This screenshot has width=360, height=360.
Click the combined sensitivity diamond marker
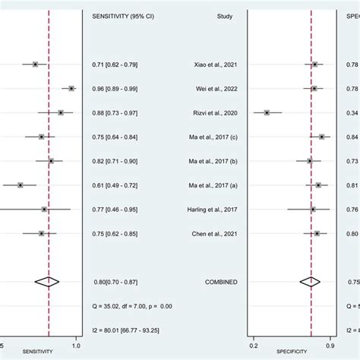tap(47, 282)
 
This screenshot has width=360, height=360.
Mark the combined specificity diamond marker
tap(310, 282)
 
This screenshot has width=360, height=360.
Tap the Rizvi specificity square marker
tap(267, 112)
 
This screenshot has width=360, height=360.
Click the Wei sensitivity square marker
tap(72, 89)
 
